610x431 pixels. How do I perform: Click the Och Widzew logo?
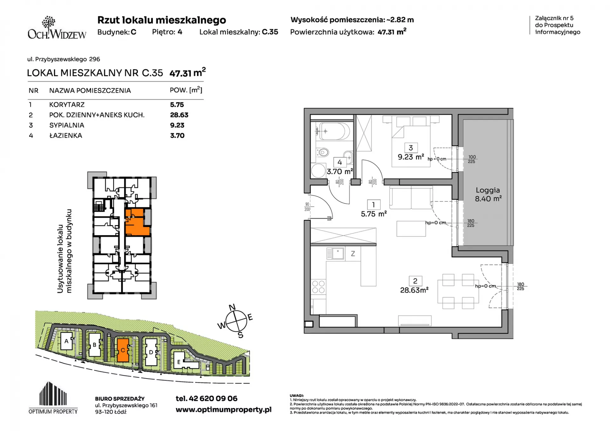click(57, 28)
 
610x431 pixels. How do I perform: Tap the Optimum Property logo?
click(53, 398)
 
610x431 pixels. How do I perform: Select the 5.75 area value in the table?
click(177, 105)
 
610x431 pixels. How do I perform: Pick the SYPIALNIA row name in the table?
click(67, 125)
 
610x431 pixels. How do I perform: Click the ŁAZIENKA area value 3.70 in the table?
click(177, 135)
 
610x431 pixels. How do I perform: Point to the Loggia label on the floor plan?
click(488, 190)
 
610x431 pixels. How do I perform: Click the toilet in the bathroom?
click(322, 153)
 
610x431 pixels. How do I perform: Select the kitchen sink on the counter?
click(335, 254)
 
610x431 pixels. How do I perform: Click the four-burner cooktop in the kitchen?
click(318, 287)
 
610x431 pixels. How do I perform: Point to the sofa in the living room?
click(411, 198)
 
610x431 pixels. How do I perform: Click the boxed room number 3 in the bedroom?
click(411, 148)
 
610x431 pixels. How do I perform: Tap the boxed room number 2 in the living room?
click(415, 281)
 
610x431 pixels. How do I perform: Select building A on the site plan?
click(66, 341)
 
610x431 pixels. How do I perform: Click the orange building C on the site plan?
click(123, 350)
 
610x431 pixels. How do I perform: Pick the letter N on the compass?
click(232, 307)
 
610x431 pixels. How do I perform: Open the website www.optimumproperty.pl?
click(224, 410)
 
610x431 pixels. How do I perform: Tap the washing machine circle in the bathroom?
click(318, 171)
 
